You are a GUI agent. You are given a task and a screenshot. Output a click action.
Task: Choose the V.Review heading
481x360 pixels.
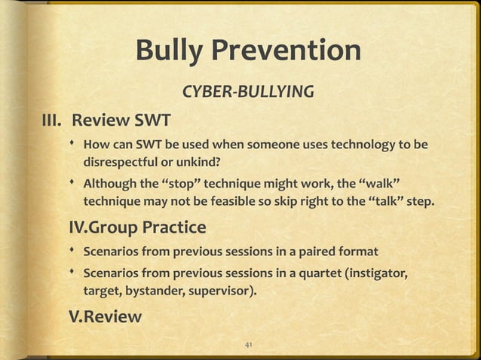(x=105, y=316)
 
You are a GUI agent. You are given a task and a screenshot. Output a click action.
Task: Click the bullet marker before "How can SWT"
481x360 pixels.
(x=74, y=144)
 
